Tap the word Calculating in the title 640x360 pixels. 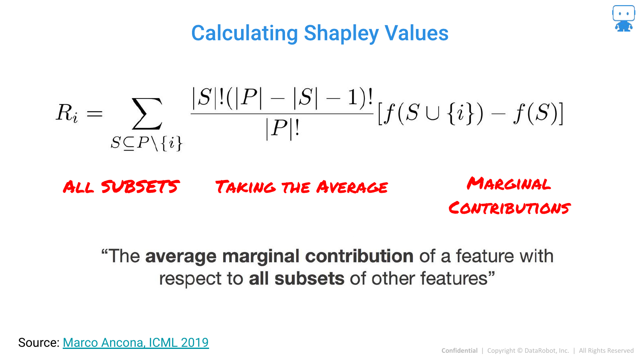[x=244, y=33]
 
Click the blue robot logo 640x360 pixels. [x=624, y=18]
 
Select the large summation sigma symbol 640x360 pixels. [x=147, y=113]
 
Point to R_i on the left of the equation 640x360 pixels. [x=67, y=113]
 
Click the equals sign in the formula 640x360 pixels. [x=95, y=114]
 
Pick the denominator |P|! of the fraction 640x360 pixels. [x=282, y=129]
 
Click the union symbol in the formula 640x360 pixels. [x=432, y=113]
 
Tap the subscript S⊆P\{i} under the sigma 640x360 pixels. [x=147, y=143]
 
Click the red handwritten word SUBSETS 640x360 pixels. [x=140, y=187]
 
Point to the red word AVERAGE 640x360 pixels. [x=352, y=187]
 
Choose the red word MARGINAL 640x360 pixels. [x=509, y=183]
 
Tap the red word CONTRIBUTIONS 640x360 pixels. [x=509, y=208]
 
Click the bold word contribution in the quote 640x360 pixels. [x=359, y=256]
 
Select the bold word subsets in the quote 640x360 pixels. [x=309, y=279]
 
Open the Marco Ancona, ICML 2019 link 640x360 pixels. [x=136, y=343]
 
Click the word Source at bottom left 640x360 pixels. [x=39, y=343]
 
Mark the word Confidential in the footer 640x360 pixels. [x=460, y=351]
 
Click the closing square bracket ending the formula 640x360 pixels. [x=561, y=113]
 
